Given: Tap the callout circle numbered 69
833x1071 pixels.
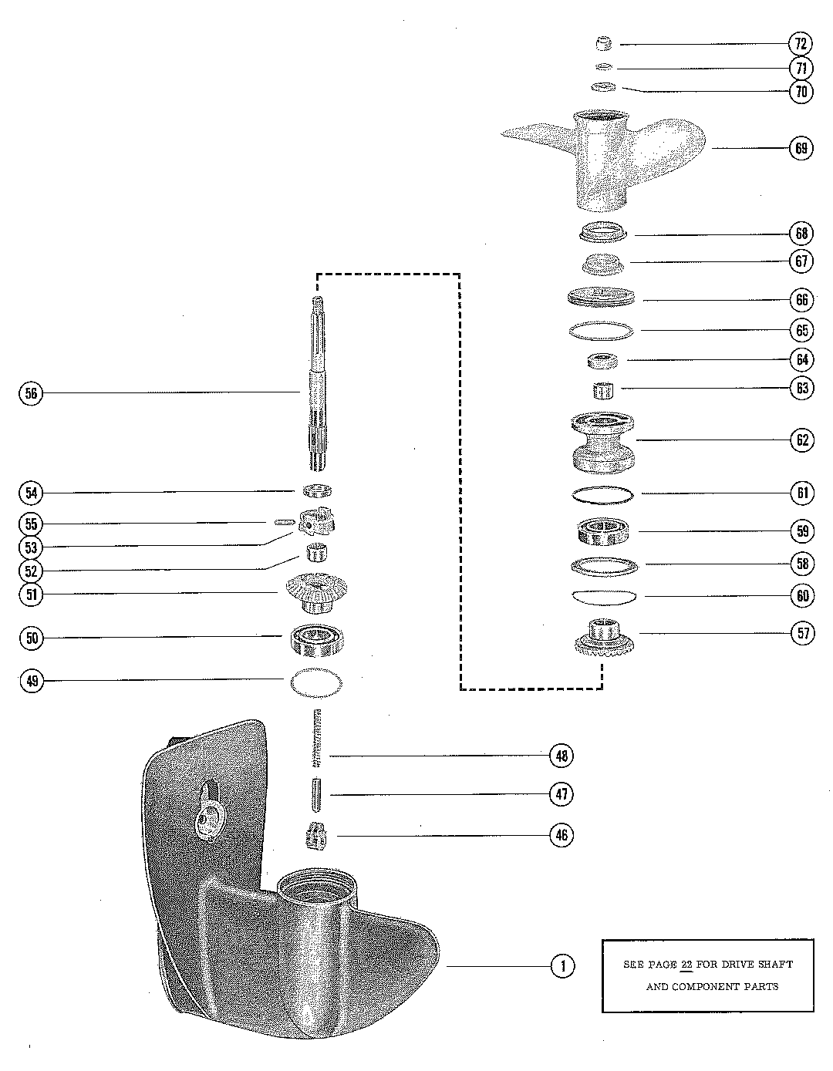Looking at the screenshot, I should pos(801,147).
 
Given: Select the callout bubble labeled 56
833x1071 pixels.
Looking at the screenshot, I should pos(31,393).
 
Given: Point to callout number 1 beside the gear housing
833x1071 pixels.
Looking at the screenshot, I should pos(563,965).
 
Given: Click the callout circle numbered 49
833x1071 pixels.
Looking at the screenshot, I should pos(31,680).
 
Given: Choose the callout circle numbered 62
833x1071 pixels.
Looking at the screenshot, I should pos(801,440).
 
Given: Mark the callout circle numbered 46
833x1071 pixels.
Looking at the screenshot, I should pos(562,835).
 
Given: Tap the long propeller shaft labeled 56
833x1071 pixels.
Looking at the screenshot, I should pos(317,386).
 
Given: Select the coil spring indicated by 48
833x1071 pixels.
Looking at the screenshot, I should pos(316,738).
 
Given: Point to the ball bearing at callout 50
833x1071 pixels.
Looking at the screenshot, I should pos(316,638).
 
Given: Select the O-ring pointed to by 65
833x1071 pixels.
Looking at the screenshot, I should pos(601,330).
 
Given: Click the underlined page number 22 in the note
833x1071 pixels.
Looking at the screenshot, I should pos(686,964).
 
